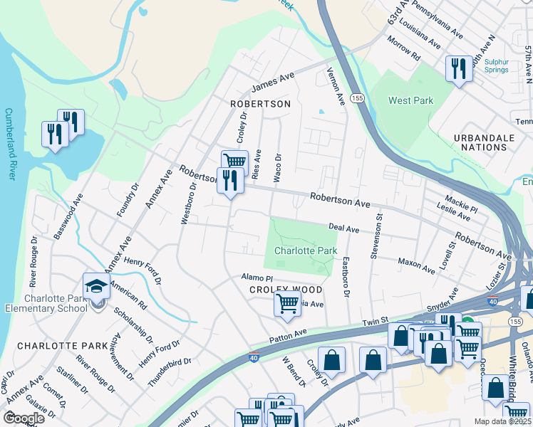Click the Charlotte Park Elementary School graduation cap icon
pos(95,286)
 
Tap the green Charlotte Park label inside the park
pos(305,251)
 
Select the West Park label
pos(410,101)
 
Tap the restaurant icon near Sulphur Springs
pos(458,68)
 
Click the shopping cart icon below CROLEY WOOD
pos(287,304)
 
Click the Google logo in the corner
pos(24,418)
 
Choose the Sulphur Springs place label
pos(496,65)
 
